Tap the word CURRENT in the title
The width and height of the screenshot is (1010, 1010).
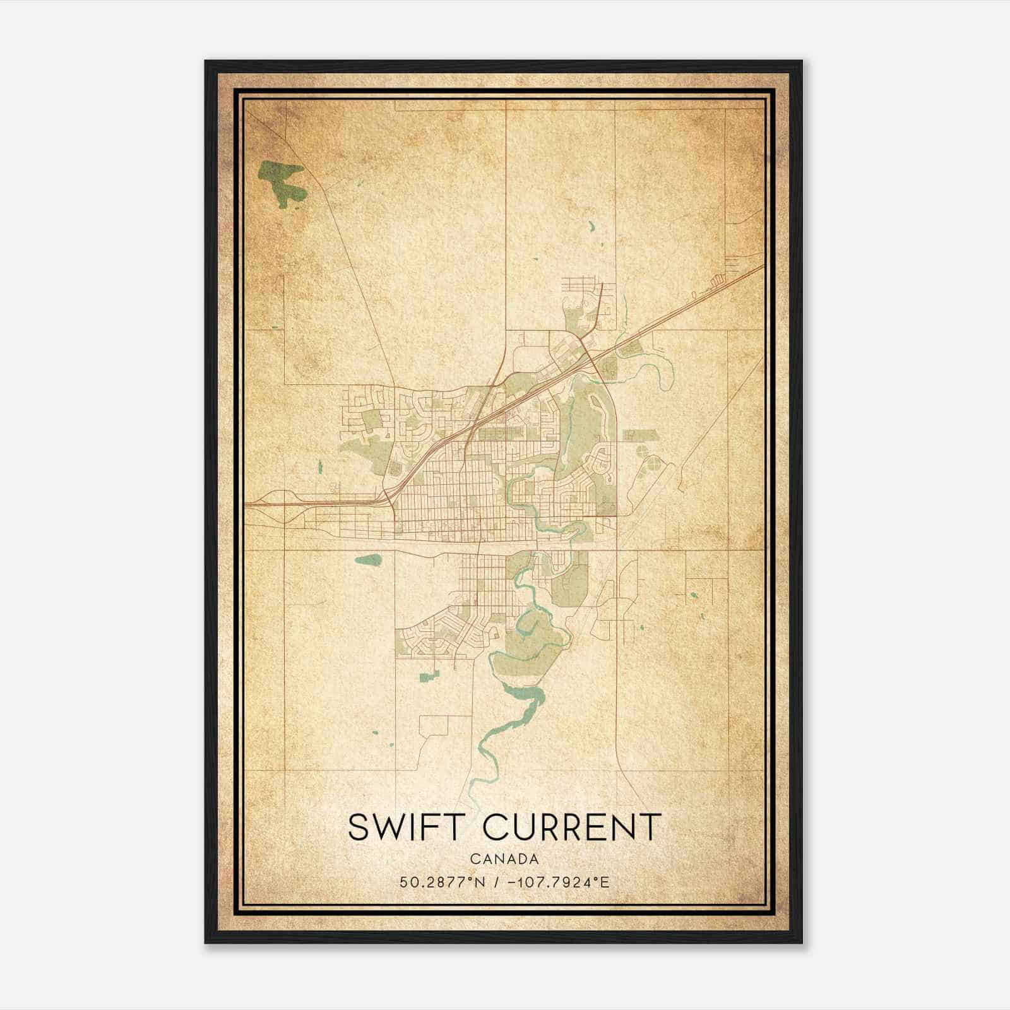pos(572,827)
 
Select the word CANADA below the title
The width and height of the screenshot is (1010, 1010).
pos(504,859)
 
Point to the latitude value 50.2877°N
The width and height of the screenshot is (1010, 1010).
pos(443,882)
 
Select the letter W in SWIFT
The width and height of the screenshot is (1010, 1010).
pos(394,827)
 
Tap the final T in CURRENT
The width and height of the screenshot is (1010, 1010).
pos(651,827)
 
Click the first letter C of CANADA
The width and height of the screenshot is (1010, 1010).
pos(473,859)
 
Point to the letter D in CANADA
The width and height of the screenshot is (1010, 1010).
pos(521,859)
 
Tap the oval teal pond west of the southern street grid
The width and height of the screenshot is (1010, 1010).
pos(369,559)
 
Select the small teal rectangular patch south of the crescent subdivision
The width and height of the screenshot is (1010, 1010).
pos(429,677)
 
